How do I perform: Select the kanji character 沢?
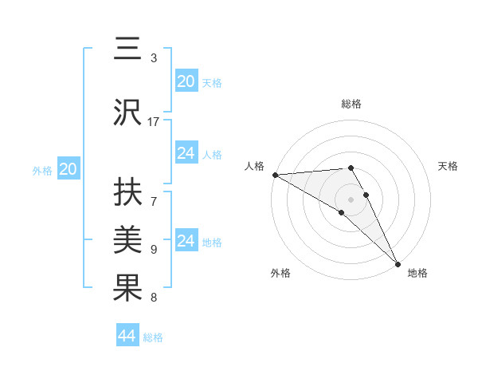pos(127,111)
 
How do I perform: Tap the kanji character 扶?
pos(127,192)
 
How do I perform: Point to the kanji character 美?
pos(127,239)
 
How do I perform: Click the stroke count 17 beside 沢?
pos(154,121)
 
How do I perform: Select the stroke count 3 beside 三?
pos(154,58)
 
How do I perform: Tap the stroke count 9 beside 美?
pos(154,250)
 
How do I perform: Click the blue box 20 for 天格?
pos(186,81)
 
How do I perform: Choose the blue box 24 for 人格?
pos(186,153)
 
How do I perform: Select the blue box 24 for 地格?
pos(186,241)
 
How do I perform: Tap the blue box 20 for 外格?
pos(69,169)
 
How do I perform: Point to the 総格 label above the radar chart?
pos(351,104)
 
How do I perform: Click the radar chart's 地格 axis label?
pos(417,273)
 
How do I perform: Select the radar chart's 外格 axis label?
pos(280,273)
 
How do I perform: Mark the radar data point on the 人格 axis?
pos(275,174)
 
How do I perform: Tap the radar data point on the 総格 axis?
pos(351,168)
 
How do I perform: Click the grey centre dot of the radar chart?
pos(351,199)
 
